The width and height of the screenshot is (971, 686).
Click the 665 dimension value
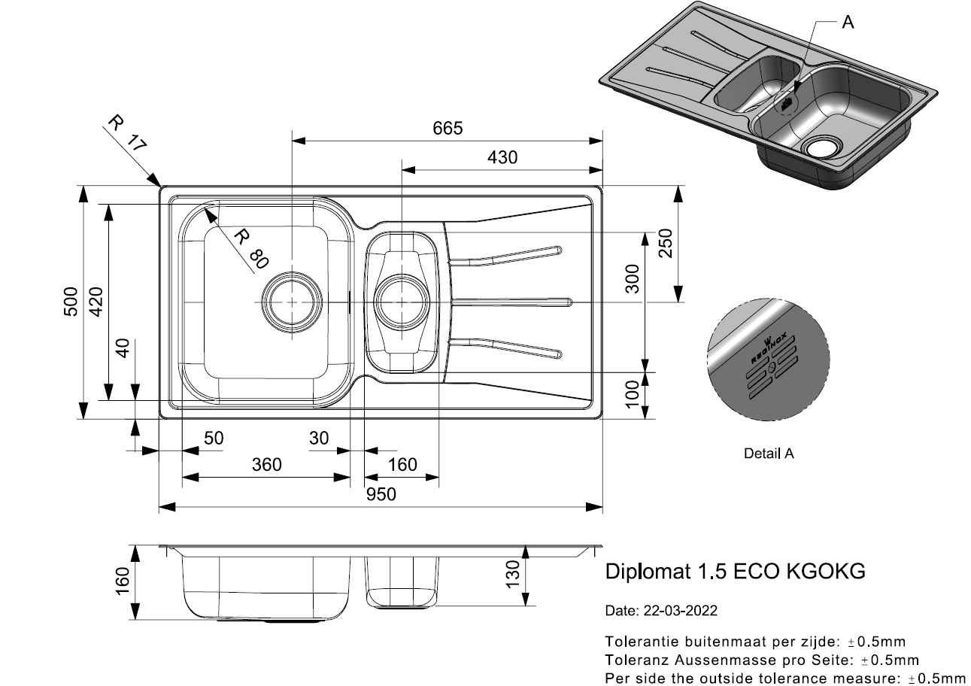pyautogui.click(x=448, y=129)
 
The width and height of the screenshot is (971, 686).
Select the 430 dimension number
pyautogui.click(x=502, y=158)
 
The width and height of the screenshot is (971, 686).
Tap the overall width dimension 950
pyautogui.click(x=381, y=494)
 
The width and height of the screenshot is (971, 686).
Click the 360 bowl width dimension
pyautogui.click(x=266, y=465)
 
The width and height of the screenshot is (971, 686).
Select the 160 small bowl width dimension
pyautogui.click(x=402, y=465)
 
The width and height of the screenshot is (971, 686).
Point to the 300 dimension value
pyautogui.click(x=633, y=278)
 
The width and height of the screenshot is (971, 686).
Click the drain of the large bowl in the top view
pyautogui.click(x=291, y=299)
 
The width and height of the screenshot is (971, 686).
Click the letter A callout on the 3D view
pyautogui.click(x=848, y=23)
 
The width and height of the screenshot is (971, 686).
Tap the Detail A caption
pyautogui.click(x=769, y=454)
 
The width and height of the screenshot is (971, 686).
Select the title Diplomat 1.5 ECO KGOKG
pyautogui.click(x=736, y=572)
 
